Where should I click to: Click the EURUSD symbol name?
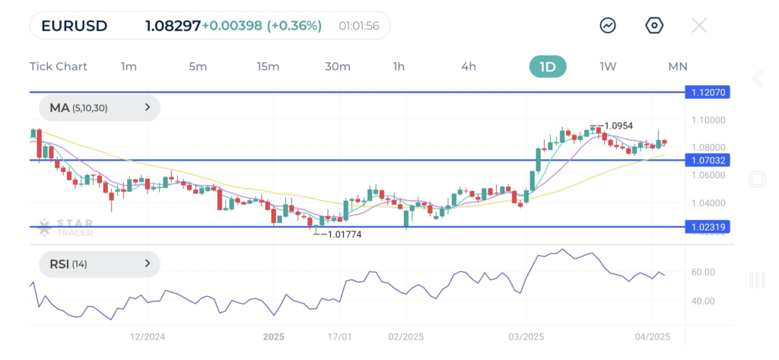(x=74, y=26)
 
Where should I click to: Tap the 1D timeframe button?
(x=548, y=66)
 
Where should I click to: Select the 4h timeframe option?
(x=469, y=66)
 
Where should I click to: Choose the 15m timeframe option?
(x=268, y=66)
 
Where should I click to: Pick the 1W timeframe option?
(x=608, y=66)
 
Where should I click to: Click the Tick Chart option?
(x=59, y=66)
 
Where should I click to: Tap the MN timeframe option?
(x=678, y=66)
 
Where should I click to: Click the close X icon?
(x=699, y=26)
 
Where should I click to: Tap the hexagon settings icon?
(x=654, y=26)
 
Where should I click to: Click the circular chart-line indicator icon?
(x=608, y=26)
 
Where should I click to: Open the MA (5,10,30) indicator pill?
(x=99, y=108)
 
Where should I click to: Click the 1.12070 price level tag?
(x=709, y=92)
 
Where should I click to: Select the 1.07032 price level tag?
(x=709, y=160)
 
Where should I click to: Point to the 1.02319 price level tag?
(x=709, y=227)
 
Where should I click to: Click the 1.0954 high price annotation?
(x=618, y=126)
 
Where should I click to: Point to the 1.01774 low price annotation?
(x=344, y=234)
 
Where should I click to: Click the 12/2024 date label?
(x=148, y=336)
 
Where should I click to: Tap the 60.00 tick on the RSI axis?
(x=704, y=272)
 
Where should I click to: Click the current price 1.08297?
(x=173, y=26)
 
